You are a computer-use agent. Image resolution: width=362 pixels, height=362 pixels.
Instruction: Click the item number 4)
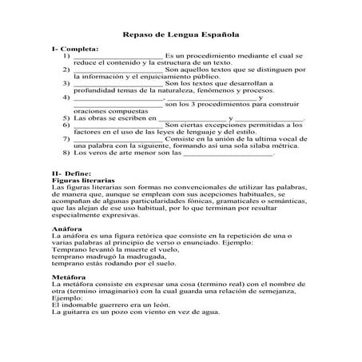coord(66,97)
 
